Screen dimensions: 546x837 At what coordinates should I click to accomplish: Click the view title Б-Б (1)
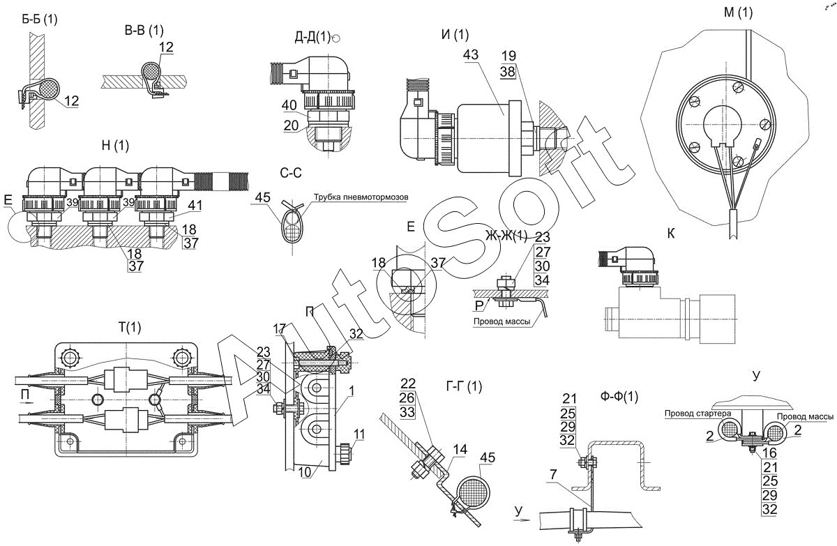pyautogui.click(x=40, y=20)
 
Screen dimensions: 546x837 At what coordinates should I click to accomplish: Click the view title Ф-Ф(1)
pyautogui.click(x=619, y=397)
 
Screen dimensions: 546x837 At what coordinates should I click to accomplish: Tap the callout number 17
pyautogui.click(x=279, y=327)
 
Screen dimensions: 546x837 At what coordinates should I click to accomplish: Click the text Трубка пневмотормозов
pyautogui.click(x=361, y=197)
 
